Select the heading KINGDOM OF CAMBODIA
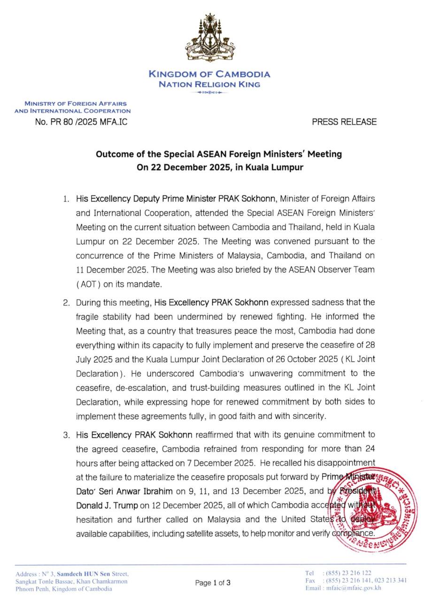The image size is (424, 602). (209, 74)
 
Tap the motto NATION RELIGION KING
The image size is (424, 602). (209, 85)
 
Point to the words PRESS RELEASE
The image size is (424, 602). (344, 122)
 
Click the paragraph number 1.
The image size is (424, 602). (66, 199)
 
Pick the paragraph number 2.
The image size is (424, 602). (66, 302)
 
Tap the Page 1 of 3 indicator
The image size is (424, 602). (213, 583)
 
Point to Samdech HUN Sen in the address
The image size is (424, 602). (84, 574)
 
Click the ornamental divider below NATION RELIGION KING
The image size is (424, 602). (209, 93)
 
